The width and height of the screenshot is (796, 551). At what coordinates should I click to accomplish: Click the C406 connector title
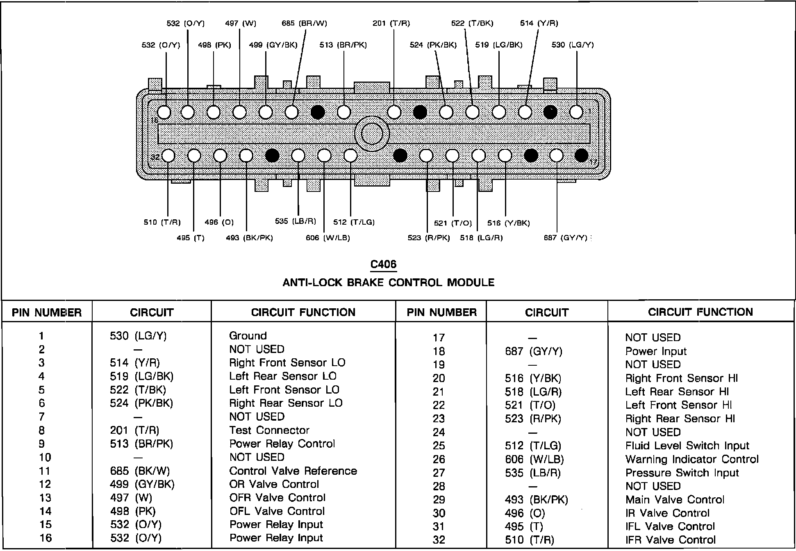[383, 264]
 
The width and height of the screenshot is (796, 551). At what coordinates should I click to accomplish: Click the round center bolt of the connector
[371, 134]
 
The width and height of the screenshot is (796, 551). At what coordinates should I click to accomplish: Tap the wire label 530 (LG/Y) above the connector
[572, 45]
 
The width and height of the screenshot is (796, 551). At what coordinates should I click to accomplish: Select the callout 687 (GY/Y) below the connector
[565, 238]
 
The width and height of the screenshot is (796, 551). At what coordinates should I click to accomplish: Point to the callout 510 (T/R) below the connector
[162, 222]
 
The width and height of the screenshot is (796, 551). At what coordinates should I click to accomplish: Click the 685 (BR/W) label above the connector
[304, 23]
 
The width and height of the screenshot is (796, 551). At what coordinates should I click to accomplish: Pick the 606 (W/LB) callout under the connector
[327, 238]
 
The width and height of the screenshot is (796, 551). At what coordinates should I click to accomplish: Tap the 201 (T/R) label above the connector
[391, 23]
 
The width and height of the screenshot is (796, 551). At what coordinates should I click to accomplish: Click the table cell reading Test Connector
[269, 430]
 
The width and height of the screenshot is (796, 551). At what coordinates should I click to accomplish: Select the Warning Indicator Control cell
[691, 459]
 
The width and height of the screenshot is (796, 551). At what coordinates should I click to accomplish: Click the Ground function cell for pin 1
[248, 336]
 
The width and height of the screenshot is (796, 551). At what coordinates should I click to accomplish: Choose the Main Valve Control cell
[675, 500]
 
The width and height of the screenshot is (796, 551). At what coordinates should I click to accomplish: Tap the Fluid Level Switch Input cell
[687, 446]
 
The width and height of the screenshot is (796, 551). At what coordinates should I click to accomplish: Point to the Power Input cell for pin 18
[655, 351]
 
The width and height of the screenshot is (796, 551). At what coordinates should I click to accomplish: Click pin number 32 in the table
[439, 540]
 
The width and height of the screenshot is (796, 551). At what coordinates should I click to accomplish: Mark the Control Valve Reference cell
[293, 471]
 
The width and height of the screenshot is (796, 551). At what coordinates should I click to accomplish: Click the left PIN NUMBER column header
[47, 313]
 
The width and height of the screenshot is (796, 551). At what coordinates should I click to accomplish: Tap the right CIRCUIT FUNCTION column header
[700, 312]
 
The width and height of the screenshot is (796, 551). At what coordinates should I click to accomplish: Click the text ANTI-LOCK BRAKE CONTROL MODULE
[388, 282]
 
